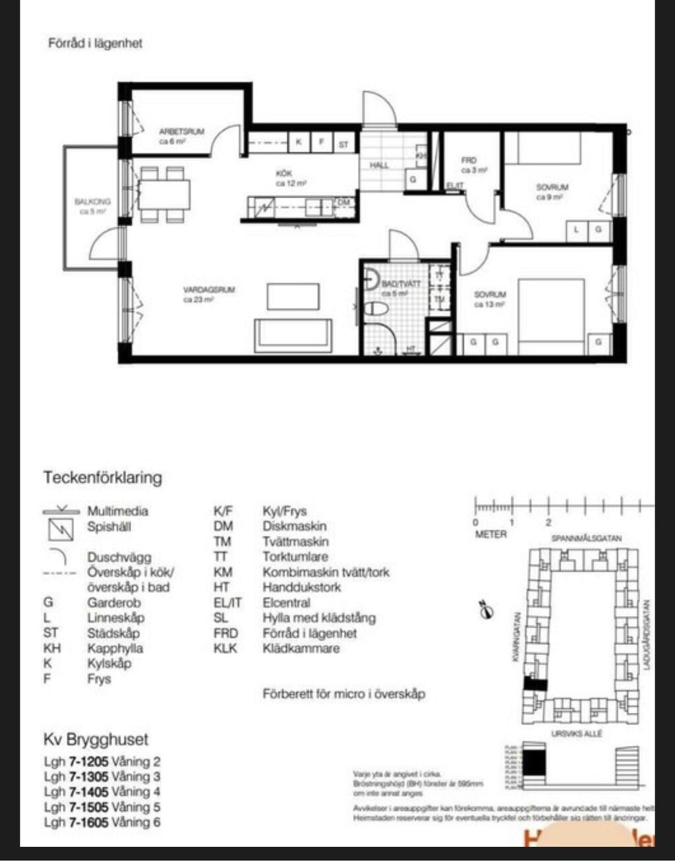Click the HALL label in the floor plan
[379, 165]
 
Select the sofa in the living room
[293, 334]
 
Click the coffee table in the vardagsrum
[293, 296]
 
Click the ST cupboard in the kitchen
[343, 143]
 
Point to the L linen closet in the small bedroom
[577, 229]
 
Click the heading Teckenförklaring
[103, 477]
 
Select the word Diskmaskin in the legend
[294, 526]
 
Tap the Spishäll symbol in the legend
[61, 529]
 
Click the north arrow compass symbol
[486, 610]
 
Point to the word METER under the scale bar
[491, 534]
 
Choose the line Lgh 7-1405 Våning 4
[102, 792]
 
